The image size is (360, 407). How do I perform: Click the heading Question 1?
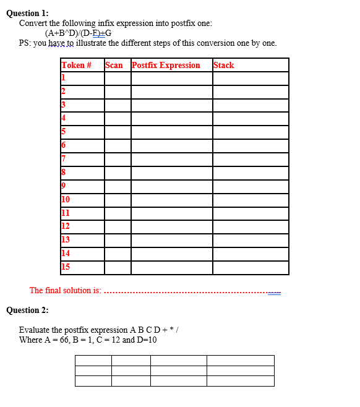click(27, 13)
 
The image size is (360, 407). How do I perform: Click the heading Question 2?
click(27, 310)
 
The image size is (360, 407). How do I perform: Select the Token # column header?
click(77, 65)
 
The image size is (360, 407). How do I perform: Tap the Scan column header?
click(114, 65)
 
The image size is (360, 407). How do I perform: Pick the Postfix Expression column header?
click(166, 65)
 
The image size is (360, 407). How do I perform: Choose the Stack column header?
click(223, 65)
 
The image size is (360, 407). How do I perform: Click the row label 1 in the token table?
click(63, 78)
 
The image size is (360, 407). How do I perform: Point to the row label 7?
click(64, 159)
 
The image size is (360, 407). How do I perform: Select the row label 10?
click(66, 199)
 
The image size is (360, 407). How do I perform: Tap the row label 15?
click(66, 267)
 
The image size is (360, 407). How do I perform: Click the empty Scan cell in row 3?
click(117, 105)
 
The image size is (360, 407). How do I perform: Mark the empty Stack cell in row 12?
click(250, 226)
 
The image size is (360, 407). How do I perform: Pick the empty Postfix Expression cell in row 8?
click(171, 173)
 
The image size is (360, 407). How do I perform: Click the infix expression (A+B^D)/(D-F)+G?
click(78, 33)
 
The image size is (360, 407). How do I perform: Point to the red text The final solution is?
click(65, 290)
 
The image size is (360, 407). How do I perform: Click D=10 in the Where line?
click(149, 340)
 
